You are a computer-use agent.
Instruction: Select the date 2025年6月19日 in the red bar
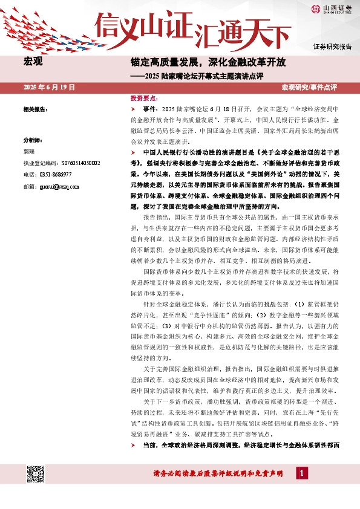[49, 88]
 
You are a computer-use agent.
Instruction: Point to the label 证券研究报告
[332, 47]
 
